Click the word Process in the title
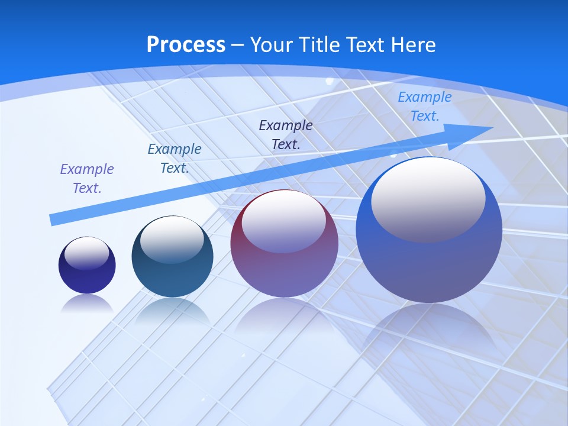point(186,45)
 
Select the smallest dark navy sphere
point(87,278)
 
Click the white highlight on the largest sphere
point(428,198)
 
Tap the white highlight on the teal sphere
point(172,240)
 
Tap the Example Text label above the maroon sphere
point(286,134)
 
